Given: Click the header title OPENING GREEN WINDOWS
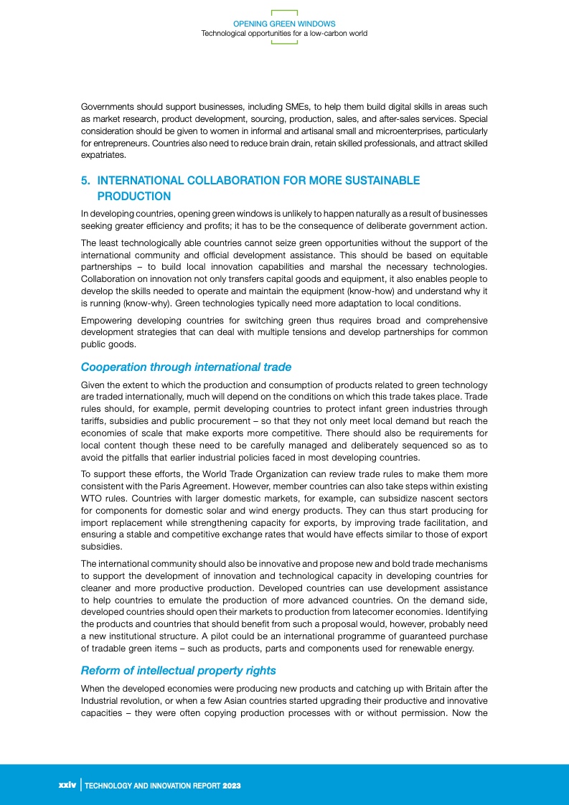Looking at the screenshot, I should point(284,24).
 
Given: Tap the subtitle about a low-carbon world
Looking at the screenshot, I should point(284,33).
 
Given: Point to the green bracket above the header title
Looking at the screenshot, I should point(284,11).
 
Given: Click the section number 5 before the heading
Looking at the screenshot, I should point(85,181).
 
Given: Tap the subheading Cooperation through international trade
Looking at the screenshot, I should point(186,367).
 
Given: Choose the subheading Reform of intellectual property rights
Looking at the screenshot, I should point(178,670).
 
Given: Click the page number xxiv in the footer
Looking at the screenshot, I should point(67,786).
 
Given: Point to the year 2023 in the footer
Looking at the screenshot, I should point(231,786).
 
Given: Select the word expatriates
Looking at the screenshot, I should point(103,155).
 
